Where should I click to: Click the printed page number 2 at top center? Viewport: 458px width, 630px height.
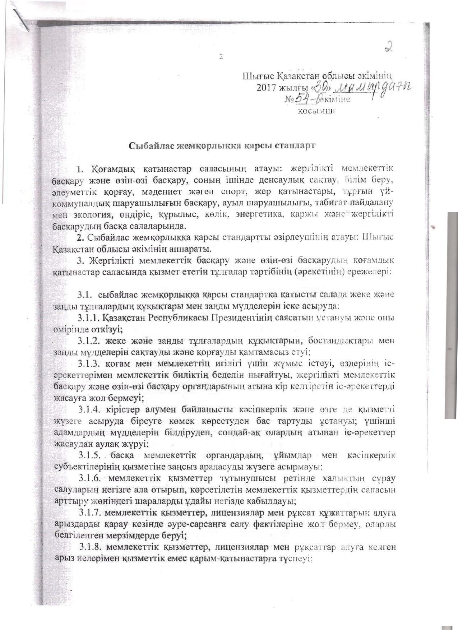click(221, 56)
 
